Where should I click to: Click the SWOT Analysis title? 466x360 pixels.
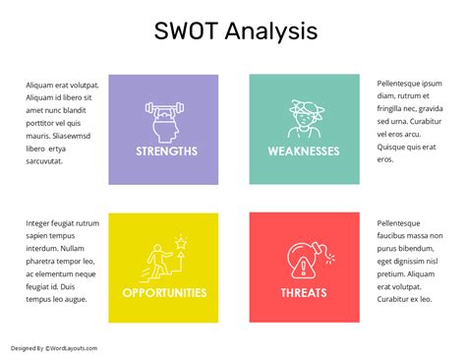[x=236, y=30]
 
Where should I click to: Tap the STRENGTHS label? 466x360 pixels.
[x=166, y=151]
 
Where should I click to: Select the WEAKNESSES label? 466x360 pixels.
[x=304, y=151]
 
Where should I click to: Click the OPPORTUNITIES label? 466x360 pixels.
[x=164, y=293]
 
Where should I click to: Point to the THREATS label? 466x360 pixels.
[x=304, y=293]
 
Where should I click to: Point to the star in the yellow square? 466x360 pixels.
[x=180, y=239]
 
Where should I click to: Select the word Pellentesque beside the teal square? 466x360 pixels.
[x=405, y=84]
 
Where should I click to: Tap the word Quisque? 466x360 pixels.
[x=393, y=147]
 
